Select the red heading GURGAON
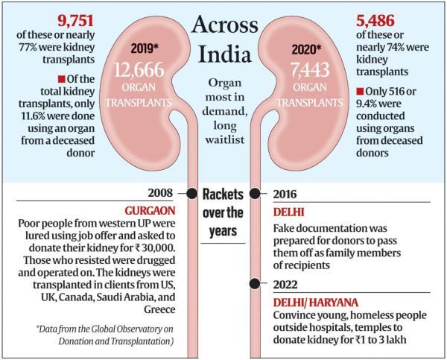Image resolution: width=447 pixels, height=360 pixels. [x=147, y=211]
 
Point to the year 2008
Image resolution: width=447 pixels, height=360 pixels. [x=164, y=193]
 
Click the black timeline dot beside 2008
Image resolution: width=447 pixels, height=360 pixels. [x=192, y=193]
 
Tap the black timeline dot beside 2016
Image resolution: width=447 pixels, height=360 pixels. [x=256, y=194]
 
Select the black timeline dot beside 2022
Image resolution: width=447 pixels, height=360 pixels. [x=256, y=282]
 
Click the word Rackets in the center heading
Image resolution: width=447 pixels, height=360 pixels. [x=224, y=195]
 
